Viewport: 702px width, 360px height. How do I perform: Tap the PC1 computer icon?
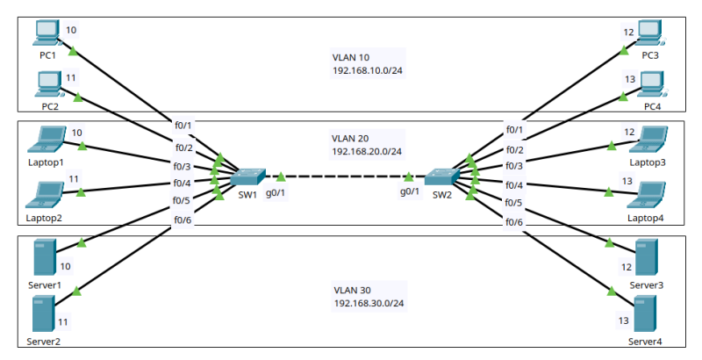point(47,33)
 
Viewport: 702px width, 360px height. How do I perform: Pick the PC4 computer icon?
point(651,84)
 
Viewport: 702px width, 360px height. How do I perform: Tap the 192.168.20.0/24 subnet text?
point(367,152)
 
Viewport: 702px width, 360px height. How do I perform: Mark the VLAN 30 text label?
point(352,290)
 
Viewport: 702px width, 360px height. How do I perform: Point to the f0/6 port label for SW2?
point(514,222)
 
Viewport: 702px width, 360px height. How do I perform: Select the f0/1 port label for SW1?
point(183,126)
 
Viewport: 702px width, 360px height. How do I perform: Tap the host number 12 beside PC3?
point(628,32)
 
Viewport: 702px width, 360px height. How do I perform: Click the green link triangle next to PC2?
point(78,96)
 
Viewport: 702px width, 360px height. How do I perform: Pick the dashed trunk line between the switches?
point(344,176)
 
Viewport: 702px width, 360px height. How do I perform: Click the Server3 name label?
point(647,286)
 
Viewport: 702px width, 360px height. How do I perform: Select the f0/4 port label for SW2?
point(514,185)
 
